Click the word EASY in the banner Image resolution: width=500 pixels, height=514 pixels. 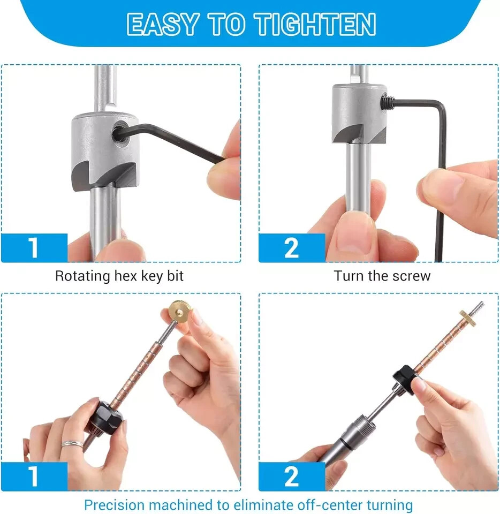(x=163, y=24)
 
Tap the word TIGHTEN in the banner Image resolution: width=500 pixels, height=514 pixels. (x=315, y=24)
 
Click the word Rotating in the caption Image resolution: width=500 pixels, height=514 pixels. (x=82, y=276)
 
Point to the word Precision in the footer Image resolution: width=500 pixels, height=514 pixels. (x=115, y=505)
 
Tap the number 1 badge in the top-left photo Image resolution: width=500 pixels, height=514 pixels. (x=34, y=248)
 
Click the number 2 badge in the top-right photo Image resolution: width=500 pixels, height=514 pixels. (x=292, y=248)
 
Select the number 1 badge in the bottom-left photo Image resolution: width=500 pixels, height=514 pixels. (x=34, y=477)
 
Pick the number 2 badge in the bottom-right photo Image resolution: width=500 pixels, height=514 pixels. (x=292, y=477)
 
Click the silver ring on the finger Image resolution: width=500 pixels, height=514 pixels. (x=72, y=444)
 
